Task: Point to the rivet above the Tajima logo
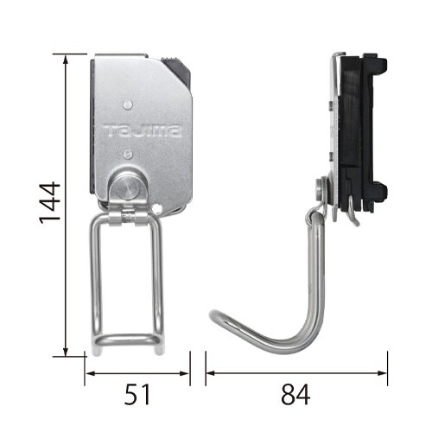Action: [128, 104]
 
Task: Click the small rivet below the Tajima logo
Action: [127, 154]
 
